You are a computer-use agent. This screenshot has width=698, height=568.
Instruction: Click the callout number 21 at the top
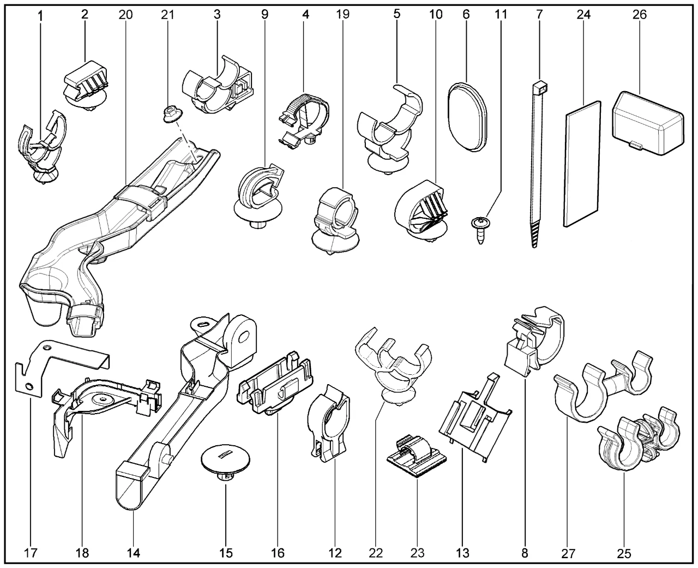click(167, 15)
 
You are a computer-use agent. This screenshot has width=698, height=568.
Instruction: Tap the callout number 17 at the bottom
click(31, 553)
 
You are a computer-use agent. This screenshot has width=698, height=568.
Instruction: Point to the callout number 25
click(624, 553)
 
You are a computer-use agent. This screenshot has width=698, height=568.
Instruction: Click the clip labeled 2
click(86, 86)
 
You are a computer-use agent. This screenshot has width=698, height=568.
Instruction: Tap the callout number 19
click(342, 15)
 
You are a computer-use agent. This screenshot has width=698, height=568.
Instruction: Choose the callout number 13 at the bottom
click(462, 553)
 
